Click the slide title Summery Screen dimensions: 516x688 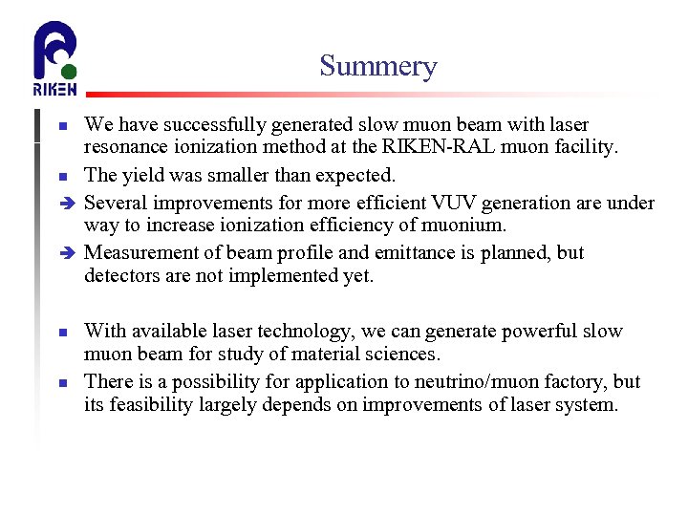pyautogui.click(x=377, y=66)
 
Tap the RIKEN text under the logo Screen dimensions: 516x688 pyautogui.click(x=54, y=90)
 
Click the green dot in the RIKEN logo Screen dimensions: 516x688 pyautogui.click(x=66, y=72)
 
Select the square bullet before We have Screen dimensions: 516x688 pyautogui.click(x=62, y=126)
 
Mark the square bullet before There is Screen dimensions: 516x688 pyautogui.click(x=62, y=382)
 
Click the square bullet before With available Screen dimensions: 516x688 pyautogui.click(x=62, y=333)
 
